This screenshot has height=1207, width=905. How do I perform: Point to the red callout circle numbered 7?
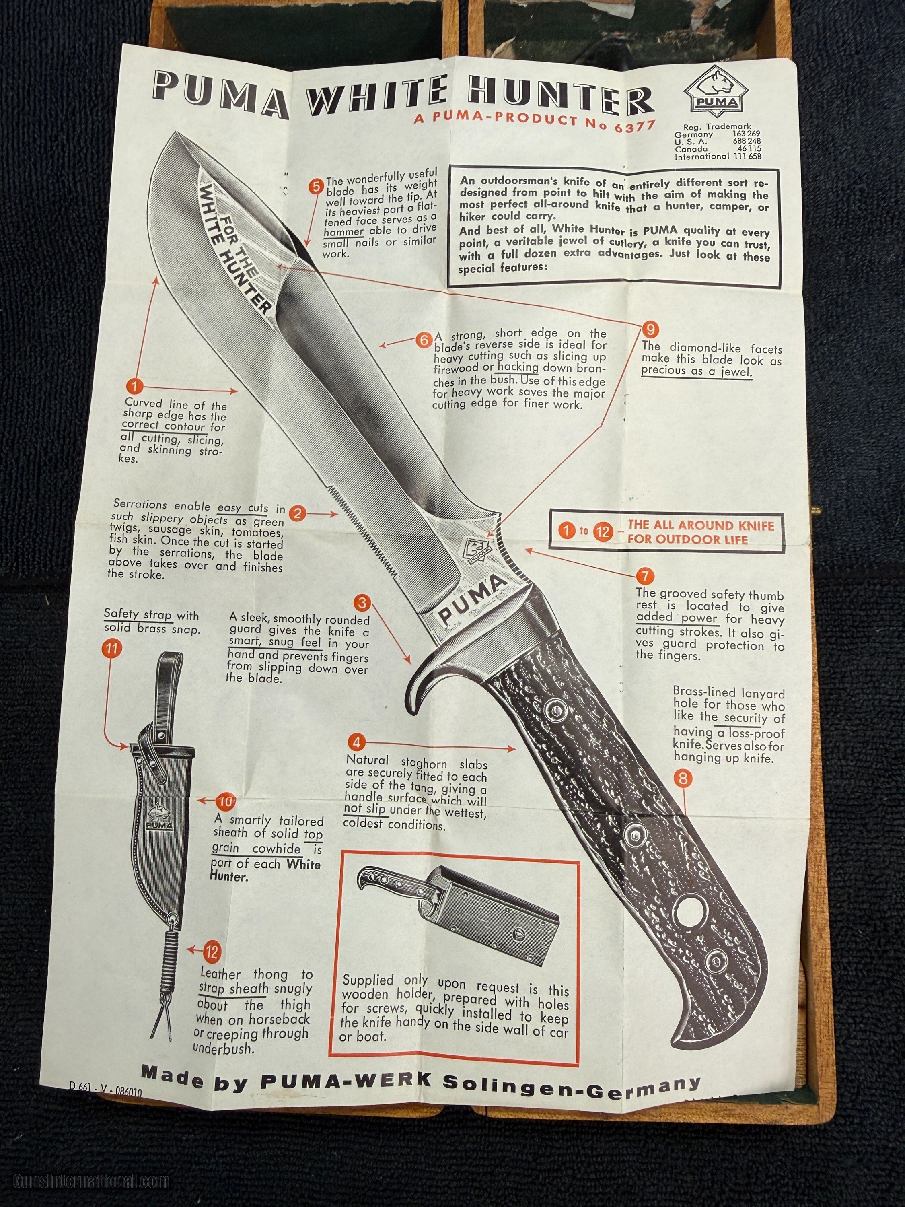click(645, 576)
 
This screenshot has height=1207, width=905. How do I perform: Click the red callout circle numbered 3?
click(362, 603)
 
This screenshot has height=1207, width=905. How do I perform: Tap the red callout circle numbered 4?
click(357, 742)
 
